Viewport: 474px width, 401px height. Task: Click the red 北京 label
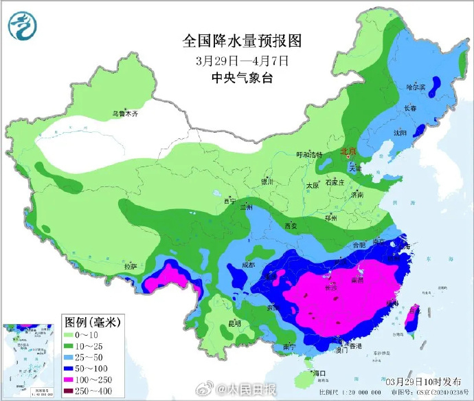[x=350, y=151]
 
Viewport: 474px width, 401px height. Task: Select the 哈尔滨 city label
[x=416, y=87]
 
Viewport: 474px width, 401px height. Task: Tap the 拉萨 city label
[x=131, y=265]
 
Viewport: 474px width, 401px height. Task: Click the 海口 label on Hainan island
[x=318, y=373]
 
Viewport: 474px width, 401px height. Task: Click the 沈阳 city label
[x=400, y=131]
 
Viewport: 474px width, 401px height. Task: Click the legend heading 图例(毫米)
[x=93, y=321]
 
